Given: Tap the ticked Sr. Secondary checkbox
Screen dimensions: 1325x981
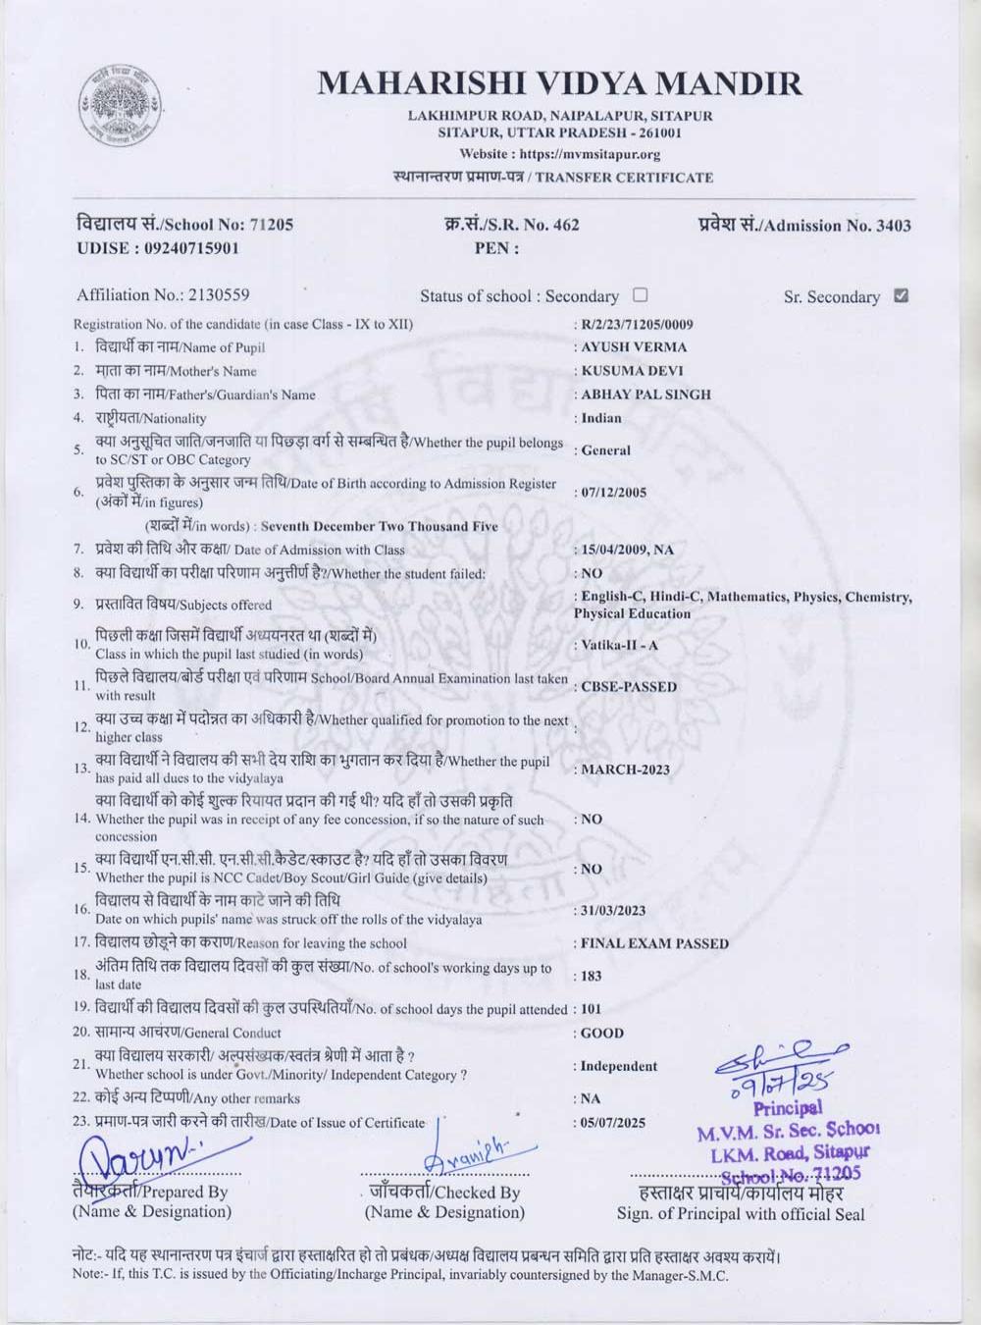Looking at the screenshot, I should (902, 295).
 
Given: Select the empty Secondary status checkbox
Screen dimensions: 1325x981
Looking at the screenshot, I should (641, 294).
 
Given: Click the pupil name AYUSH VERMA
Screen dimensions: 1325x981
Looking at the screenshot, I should (634, 346).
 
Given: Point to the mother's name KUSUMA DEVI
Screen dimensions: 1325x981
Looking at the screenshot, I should (632, 371).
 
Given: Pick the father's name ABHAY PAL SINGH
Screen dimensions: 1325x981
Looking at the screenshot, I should (645, 395).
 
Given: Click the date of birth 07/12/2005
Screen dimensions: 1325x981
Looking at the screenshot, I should (613, 493).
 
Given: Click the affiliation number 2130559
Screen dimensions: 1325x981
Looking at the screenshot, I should (218, 294).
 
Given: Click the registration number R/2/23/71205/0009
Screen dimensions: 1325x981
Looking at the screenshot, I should (637, 324).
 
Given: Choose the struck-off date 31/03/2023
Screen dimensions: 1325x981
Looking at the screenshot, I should (613, 911).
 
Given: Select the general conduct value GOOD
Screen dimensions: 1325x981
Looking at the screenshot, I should (602, 1033).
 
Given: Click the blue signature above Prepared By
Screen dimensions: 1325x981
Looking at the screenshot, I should (142, 1158).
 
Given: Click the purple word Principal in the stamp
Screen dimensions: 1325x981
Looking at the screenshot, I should (788, 1109).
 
